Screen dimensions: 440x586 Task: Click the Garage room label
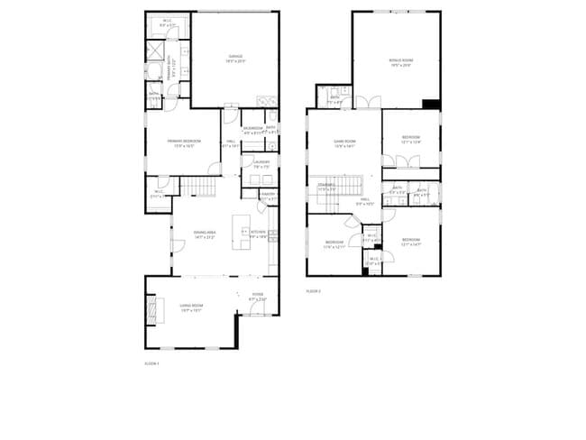(235, 59)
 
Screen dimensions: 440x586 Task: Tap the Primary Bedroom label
(184, 142)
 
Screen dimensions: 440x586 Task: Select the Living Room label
(190, 307)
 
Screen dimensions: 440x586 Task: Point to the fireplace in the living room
(151, 309)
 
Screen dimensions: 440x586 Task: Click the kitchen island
(241, 232)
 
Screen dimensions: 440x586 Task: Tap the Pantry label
(268, 196)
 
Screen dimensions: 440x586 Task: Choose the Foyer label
(258, 296)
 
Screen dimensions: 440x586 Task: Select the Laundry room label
(261, 163)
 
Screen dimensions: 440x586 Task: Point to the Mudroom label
(252, 130)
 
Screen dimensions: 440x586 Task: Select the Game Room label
(344, 143)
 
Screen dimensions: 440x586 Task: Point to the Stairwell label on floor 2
(326, 187)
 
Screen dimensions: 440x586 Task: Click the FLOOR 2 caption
(313, 291)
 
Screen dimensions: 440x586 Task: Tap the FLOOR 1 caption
(151, 363)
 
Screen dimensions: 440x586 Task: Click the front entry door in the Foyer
(255, 312)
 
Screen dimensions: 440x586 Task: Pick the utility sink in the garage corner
(262, 101)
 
